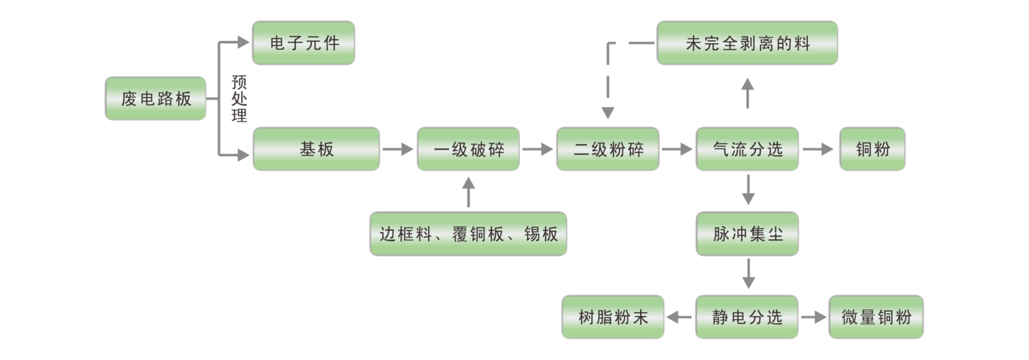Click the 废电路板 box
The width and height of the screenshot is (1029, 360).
coord(156,99)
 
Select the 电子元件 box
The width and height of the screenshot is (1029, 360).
coord(302,44)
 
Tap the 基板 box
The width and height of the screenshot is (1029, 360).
coord(315,149)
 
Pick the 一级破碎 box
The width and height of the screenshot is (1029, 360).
coord(468,150)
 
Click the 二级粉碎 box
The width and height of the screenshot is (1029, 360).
coord(607,150)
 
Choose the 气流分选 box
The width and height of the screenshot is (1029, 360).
coord(747,150)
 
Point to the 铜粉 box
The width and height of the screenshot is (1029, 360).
coord(872,150)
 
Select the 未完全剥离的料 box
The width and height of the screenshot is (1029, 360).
coord(747,44)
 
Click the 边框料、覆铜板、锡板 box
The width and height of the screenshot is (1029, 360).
coord(468,234)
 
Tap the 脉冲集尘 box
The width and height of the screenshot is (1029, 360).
coord(747,234)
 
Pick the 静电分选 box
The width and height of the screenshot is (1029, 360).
coord(747,318)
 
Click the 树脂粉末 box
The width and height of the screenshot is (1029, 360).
coord(613,318)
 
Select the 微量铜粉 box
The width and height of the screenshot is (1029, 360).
coord(876,318)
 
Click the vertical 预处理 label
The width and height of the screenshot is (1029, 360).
coord(238,99)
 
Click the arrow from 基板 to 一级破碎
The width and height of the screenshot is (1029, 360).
coord(398,150)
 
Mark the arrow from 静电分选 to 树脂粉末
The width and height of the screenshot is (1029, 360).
coord(679,318)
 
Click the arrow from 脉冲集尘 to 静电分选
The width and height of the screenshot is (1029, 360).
coord(748,275)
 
